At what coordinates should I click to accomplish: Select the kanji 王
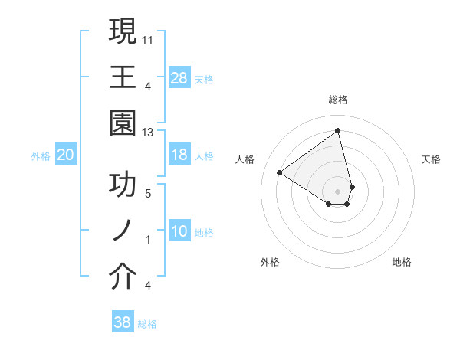(123, 77)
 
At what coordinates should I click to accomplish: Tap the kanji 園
(123, 123)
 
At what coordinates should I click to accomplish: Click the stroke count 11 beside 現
(149, 38)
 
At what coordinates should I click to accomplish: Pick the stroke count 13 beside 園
(149, 133)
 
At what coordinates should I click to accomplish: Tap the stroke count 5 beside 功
(149, 194)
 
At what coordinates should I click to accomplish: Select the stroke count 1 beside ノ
(149, 240)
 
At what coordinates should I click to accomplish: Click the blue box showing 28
(179, 77)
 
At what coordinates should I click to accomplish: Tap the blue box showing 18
(179, 155)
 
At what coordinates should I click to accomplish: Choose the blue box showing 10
(179, 232)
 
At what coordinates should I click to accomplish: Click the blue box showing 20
(66, 155)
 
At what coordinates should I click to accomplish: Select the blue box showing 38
(123, 322)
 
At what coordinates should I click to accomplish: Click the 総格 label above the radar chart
(337, 100)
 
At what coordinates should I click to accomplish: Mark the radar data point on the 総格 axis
(337, 130)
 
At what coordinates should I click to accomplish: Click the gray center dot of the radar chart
(337, 191)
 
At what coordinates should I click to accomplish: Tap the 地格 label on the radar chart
(402, 263)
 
